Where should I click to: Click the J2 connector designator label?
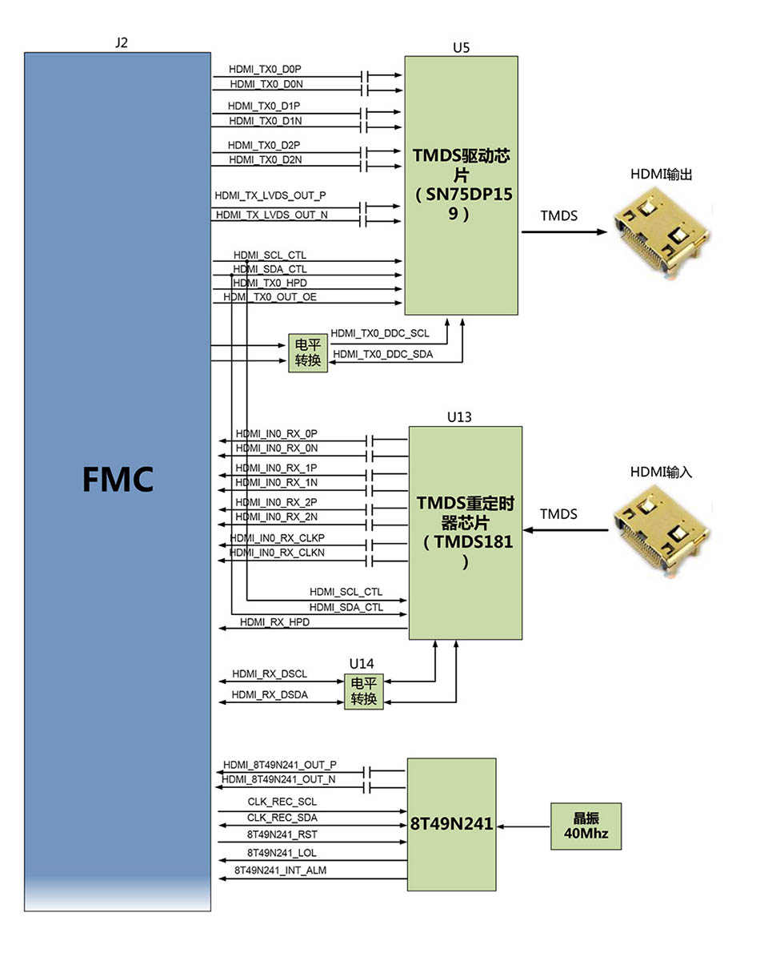pyautogui.click(x=122, y=43)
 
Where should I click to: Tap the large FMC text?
pyautogui.click(x=118, y=480)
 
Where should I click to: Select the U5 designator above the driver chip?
pyautogui.click(x=461, y=47)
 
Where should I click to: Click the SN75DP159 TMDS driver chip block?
pyautogui.click(x=461, y=185)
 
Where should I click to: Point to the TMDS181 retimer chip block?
pyautogui.click(x=465, y=533)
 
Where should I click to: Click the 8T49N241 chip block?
pyautogui.click(x=451, y=823)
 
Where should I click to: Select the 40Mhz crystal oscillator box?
pyautogui.click(x=586, y=826)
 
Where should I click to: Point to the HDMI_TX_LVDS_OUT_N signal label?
pyautogui.click(x=271, y=215)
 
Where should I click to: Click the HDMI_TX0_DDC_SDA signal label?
pyautogui.click(x=382, y=354)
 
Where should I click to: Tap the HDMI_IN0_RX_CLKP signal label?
pyautogui.click(x=277, y=537)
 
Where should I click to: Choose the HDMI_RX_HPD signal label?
pyautogui.click(x=274, y=621)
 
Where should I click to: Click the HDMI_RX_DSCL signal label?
pyautogui.click(x=269, y=674)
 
